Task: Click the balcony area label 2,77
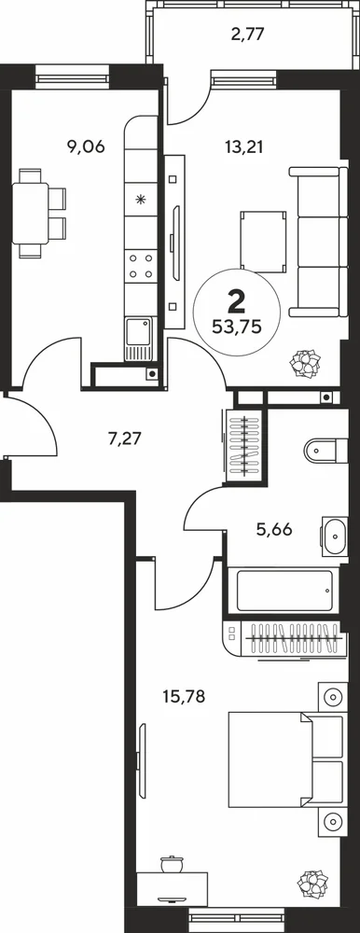point(247,34)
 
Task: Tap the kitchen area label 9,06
point(87,146)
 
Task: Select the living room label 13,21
point(244,146)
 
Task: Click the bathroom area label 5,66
point(274,529)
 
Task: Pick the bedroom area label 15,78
point(185,695)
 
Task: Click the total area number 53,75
point(237,327)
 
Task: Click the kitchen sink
point(138,339)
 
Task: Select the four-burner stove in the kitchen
point(141,266)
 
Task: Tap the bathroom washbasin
point(335,536)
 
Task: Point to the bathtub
point(284,591)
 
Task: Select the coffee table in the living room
point(264,242)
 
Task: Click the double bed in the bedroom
point(287,760)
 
